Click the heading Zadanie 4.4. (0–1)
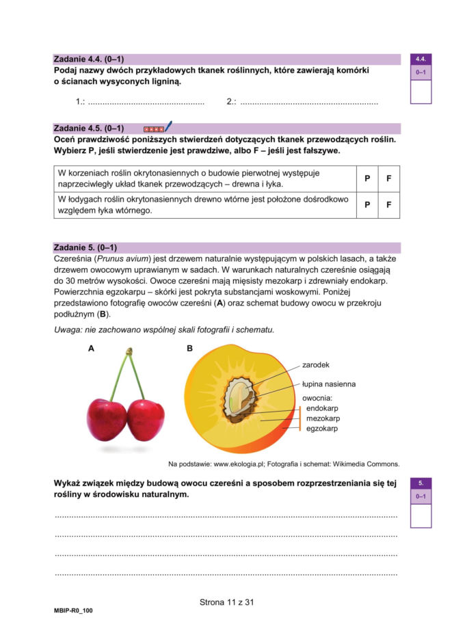pyautogui.click(x=88, y=59)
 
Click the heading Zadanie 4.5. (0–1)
pyautogui.click(x=88, y=128)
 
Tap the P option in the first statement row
pyautogui.click(x=367, y=178)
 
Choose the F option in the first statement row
pyautogui.click(x=388, y=178)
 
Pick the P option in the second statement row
pyautogui.click(x=367, y=204)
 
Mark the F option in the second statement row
pyautogui.click(x=388, y=204)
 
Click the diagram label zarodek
pyautogui.click(x=316, y=364)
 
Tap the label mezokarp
pyautogui.click(x=323, y=418)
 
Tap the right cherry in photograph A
pyautogui.click(x=146, y=419)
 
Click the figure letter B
pyautogui.click(x=190, y=349)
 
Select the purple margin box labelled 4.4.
pyautogui.click(x=420, y=59)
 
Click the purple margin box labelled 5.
pyautogui.click(x=420, y=483)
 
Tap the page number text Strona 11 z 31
pyautogui.click(x=227, y=602)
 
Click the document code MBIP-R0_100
pyautogui.click(x=73, y=611)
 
